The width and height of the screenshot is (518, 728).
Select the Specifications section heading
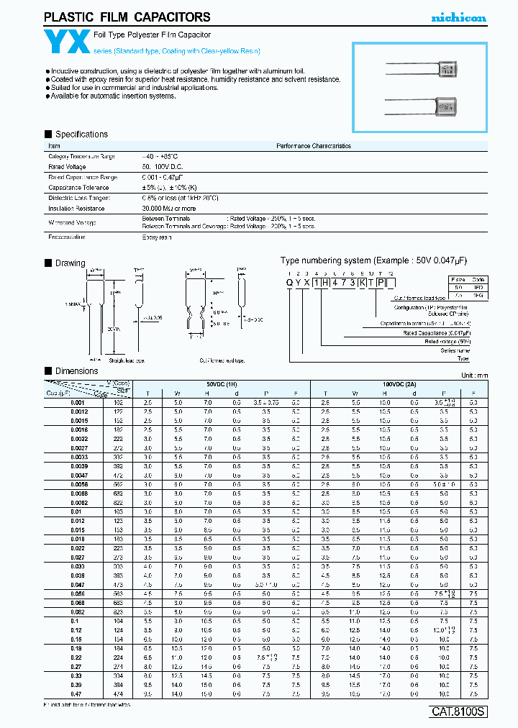point(81,135)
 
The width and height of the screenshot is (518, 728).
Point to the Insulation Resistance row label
point(76,209)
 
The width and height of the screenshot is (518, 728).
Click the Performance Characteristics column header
point(314,146)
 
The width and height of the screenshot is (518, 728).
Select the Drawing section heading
point(70,263)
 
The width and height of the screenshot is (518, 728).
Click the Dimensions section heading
point(76,371)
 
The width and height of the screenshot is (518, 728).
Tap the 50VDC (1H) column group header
point(223,383)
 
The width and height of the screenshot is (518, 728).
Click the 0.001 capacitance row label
point(78,402)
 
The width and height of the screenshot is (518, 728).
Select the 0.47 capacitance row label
point(76,693)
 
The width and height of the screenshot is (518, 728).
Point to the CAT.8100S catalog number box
point(458,712)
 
